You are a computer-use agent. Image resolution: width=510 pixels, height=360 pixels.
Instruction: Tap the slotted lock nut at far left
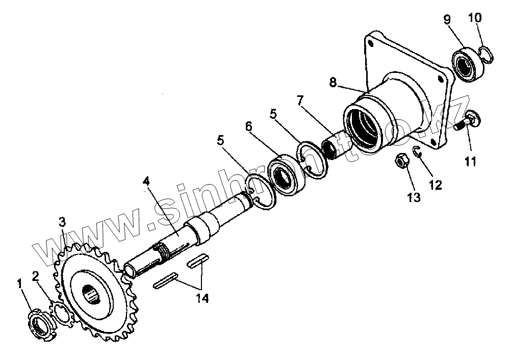[40, 325]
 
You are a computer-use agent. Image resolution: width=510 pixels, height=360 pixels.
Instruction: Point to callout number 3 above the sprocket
[62, 222]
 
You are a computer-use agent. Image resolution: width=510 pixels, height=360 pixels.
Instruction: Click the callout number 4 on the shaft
[146, 182]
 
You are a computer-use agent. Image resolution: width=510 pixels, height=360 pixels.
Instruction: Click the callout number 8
[333, 82]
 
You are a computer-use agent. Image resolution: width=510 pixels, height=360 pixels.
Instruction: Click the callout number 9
[447, 20]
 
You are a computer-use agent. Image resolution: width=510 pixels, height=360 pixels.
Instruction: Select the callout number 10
[474, 19]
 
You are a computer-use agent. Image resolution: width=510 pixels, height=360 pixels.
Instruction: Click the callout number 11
[470, 162]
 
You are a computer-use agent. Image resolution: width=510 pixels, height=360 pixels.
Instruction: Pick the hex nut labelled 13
[401, 162]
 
